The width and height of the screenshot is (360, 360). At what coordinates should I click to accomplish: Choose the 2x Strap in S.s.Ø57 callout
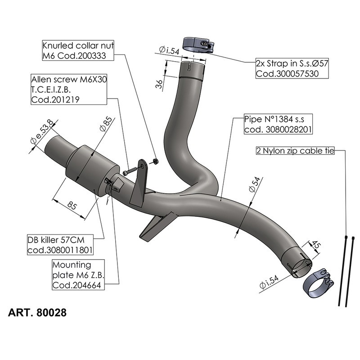click(x=292, y=68)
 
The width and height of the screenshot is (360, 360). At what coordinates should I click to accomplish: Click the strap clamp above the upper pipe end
click(x=197, y=45)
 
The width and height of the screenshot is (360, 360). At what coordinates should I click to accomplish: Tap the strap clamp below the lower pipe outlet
click(x=318, y=282)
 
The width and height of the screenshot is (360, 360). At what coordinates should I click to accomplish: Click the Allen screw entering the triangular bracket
click(x=129, y=171)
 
